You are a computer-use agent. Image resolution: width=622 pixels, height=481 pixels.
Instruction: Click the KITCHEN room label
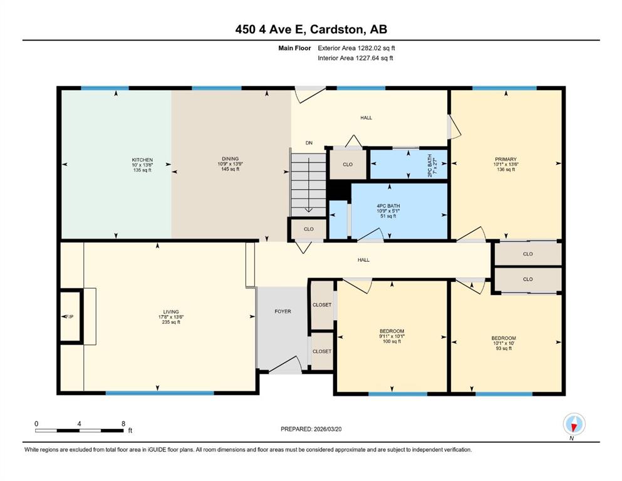(142, 160)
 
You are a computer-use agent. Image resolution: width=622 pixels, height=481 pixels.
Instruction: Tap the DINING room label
(231, 158)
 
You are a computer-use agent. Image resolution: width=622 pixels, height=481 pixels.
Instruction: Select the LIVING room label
(171, 312)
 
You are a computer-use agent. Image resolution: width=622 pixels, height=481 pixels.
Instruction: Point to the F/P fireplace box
(71, 316)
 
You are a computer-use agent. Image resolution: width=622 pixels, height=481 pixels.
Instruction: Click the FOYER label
(283, 311)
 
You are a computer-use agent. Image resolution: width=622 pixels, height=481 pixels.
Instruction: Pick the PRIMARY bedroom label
(505, 159)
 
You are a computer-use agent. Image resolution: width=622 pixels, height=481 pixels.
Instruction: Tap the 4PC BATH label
(388, 206)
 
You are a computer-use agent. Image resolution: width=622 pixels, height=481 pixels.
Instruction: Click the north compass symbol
(574, 425)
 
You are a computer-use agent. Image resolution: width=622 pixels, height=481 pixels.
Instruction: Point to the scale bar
(80, 430)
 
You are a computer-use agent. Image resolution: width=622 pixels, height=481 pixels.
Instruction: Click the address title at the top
(311, 29)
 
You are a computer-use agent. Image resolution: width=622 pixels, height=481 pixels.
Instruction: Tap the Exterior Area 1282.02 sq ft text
(356, 48)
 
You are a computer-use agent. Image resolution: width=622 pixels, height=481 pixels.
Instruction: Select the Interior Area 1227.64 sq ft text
(355, 58)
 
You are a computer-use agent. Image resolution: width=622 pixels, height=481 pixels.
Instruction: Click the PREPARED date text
(311, 429)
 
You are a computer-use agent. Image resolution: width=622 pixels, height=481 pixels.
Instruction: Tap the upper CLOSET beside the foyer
(322, 305)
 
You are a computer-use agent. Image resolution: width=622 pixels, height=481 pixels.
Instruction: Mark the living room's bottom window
(160, 393)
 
